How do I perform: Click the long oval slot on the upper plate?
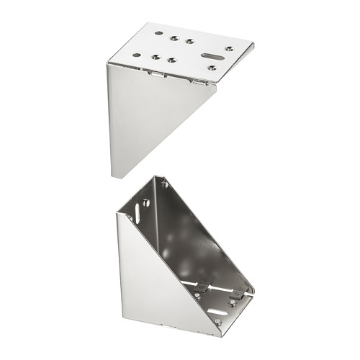(x=211, y=55)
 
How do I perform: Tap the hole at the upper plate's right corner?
(x=229, y=49)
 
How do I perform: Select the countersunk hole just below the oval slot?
(x=212, y=68)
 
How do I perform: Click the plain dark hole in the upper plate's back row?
(x=158, y=32)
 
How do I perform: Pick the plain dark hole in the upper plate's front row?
(x=138, y=53)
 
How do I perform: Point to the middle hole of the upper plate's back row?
(x=174, y=37)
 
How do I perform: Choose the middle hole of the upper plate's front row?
(x=155, y=56)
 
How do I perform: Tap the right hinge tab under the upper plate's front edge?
(x=197, y=81)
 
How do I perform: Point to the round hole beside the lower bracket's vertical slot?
(x=146, y=203)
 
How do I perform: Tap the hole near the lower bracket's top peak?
(x=165, y=185)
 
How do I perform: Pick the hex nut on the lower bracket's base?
(x=232, y=303)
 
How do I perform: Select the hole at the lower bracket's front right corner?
(x=217, y=321)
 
